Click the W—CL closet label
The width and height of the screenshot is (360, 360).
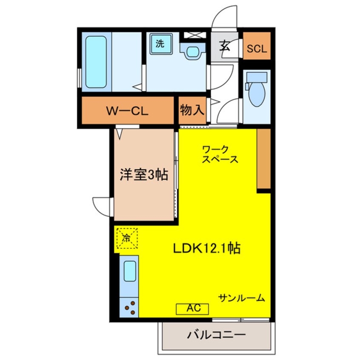point(126,111)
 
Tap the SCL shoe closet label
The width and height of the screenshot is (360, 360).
point(257,48)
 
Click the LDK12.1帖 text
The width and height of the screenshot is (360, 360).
point(206,248)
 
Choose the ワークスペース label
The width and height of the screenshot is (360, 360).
point(220,154)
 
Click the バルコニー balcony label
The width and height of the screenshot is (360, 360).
point(217,335)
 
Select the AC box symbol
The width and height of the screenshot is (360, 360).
point(192,309)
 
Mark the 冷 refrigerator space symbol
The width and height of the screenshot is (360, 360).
point(126,238)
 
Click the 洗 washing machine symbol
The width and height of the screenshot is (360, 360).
point(160,43)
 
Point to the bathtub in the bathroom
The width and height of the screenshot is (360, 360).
point(96,62)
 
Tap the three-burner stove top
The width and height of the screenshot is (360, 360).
point(129,309)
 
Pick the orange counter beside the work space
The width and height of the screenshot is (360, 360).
point(264,159)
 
